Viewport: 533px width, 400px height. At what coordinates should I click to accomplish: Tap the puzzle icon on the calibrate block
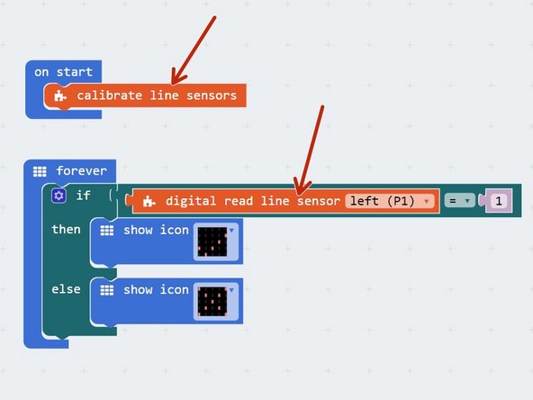(x=60, y=95)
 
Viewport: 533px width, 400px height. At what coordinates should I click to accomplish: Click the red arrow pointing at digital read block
(x=309, y=144)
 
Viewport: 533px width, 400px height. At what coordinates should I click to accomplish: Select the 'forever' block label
(x=81, y=170)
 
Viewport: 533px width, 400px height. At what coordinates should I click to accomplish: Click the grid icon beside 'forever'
(x=40, y=170)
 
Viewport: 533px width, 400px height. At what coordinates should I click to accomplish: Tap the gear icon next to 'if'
(x=59, y=195)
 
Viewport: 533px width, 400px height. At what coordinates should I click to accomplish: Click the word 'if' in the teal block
(x=83, y=195)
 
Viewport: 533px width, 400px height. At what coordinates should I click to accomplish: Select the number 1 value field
(x=498, y=201)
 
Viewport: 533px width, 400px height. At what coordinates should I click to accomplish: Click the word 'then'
(x=66, y=230)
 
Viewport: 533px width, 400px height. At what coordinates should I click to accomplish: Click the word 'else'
(x=66, y=289)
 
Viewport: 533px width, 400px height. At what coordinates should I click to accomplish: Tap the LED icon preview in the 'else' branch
(x=211, y=303)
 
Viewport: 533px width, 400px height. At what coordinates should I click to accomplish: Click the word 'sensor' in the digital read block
(x=319, y=201)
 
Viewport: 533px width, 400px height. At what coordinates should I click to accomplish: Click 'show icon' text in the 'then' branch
(x=156, y=230)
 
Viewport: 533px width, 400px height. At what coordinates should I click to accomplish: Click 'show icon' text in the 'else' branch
(x=156, y=289)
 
